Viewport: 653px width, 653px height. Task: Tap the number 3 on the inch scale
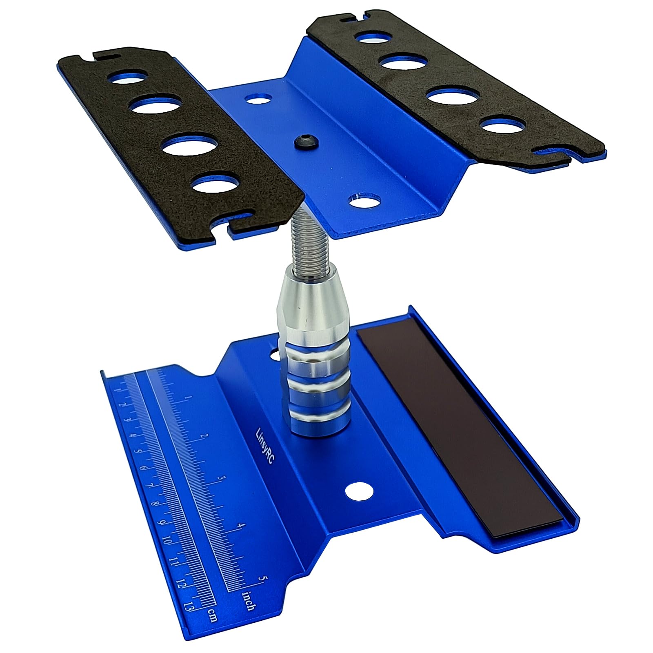coord(222,478)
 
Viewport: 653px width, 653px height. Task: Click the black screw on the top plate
coord(301,141)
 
